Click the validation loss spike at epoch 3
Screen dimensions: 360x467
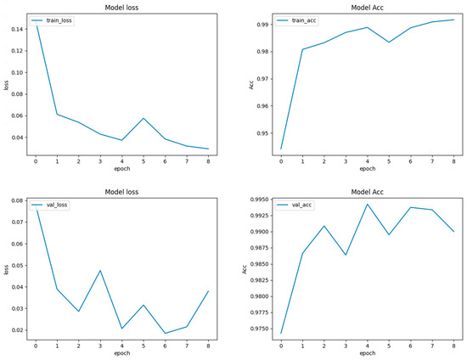99,271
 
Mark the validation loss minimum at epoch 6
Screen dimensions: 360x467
165,333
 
